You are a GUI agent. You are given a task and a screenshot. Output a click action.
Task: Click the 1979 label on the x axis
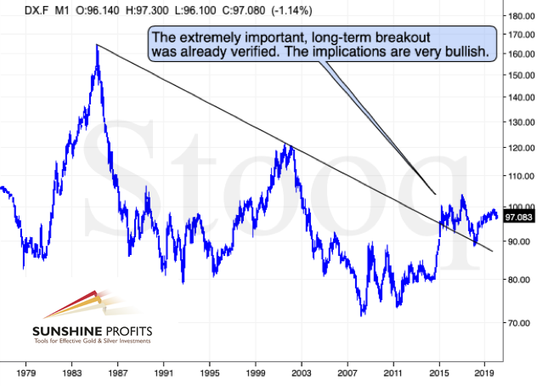point(25,372)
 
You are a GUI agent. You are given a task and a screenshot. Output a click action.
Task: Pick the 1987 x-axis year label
point(117,372)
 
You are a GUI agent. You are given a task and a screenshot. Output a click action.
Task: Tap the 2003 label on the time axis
point(301,372)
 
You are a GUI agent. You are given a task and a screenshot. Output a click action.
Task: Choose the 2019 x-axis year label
point(484,372)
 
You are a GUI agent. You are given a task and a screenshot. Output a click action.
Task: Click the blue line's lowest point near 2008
point(363,315)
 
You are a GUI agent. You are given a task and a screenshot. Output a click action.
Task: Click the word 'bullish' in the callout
point(465,52)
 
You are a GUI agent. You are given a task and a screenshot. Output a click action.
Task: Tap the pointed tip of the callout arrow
point(435,194)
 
